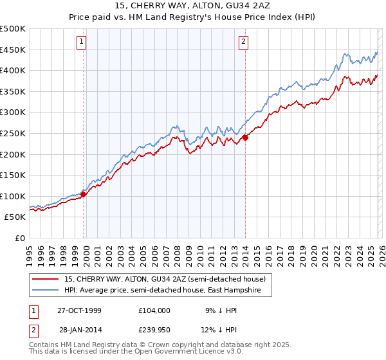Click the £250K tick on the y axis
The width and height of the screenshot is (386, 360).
pyautogui.click(x=13, y=133)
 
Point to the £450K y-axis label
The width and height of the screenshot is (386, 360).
pyautogui.click(x=13, y=50)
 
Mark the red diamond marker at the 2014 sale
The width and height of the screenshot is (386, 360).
pyautogui.click(x=245, y=137)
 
